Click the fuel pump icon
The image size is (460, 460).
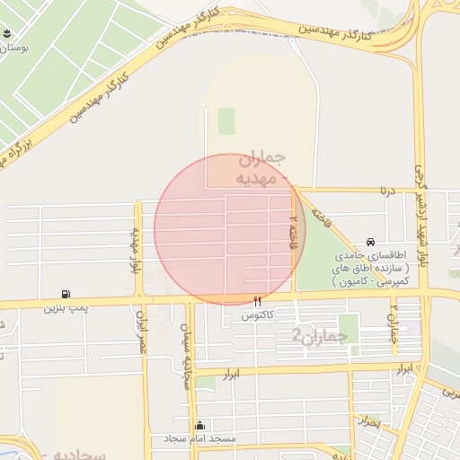(x=66, y=294)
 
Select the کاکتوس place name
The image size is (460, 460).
(x=258, y=316)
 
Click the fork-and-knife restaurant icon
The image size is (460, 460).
(x=258, y=302)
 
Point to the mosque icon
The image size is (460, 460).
(x=199, y=425)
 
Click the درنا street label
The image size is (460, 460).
(x=386, y=190)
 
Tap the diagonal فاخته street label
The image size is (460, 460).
(x=319, y=218)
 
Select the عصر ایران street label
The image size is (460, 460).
(x=141, y=332)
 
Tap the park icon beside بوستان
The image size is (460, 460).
(x=9, y=35)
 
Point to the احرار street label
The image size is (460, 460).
(x=367, y=420)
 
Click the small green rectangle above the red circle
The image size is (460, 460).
(x=226, y=120)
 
